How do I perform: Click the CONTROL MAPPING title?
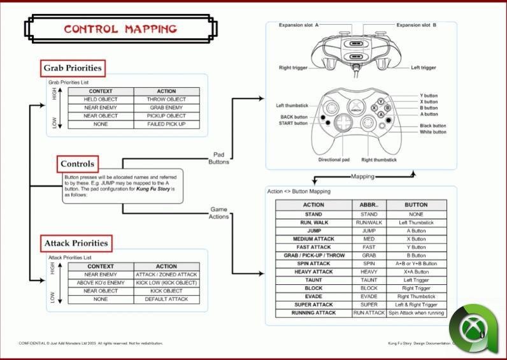tap(120, 29)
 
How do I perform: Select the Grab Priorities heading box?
tap(72, 68)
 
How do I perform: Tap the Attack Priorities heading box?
tap(76, 243)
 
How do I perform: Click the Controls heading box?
tap(77, 164)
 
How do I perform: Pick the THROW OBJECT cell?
tap(166, 99)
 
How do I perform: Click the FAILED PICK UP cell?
tap(166, 124)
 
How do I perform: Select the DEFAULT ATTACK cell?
tap(166, 299)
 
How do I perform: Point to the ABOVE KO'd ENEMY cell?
tap(100, 282)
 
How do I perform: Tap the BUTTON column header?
tap(416, 205)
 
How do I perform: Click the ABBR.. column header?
tap(369, 205)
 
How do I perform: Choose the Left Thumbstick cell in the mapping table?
tap(416, 222)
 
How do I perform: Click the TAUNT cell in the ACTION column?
tap(313, 280)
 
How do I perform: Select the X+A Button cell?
tap(416, 271)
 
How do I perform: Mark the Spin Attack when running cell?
tap(416, 313)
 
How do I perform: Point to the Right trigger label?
tap(294, 68)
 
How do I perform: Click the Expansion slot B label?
tap(417, 25)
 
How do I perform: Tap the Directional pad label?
tap(334, 160)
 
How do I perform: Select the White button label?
tap(433, 132)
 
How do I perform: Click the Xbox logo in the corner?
tap(473, 330)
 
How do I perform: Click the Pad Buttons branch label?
tap(218, 158)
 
